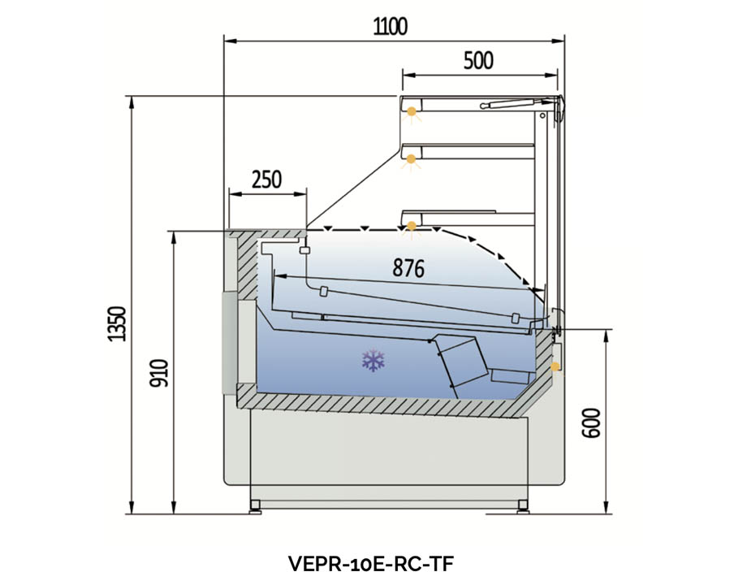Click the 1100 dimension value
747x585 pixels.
coord(390,26)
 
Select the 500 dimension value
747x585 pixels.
coord(478,61)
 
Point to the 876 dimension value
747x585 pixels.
coord(408,268)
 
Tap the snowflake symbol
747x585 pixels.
coord(373,361)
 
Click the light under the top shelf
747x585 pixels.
coord(412,111)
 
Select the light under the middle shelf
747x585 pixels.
coord(412,159)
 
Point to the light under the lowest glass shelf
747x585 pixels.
coord(412,225)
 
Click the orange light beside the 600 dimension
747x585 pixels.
coord(555,366)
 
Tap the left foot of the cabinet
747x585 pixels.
coord(256,505)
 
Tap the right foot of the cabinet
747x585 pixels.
coord(523,505)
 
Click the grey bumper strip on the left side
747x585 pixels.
coord(229,341)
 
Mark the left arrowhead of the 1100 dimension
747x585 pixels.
coord(227,39)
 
